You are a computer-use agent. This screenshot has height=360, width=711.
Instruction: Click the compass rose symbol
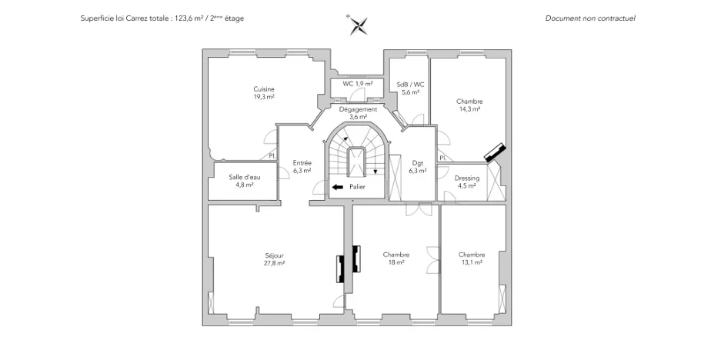356,25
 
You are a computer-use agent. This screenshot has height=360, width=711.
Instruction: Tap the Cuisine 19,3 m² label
264,93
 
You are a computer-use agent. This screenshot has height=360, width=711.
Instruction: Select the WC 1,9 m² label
358,83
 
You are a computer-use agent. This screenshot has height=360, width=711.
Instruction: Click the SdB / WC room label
409,88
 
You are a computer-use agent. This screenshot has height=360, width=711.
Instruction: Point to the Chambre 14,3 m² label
469,105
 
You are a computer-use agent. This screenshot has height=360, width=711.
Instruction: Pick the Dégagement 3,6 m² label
358,113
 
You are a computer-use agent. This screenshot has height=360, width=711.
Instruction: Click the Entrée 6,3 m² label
302,167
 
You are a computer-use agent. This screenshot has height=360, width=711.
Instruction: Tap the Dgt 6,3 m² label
418,167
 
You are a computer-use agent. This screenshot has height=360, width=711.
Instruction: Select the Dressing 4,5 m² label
467,182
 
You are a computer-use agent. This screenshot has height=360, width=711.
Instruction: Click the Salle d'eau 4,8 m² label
244,181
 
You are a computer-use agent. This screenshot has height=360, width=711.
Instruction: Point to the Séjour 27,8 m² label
274,258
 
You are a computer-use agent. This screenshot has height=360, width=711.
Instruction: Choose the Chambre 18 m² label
396,258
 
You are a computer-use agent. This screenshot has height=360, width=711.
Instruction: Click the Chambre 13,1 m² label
471,258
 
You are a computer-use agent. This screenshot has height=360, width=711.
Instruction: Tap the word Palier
356,187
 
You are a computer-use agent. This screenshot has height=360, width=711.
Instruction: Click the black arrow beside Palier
337,187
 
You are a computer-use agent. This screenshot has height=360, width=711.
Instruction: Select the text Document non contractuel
590,18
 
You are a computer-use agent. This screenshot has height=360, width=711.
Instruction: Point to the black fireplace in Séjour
341,269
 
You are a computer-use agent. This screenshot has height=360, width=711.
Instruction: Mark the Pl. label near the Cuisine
272,157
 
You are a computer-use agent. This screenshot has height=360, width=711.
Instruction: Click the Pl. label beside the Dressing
442,158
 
